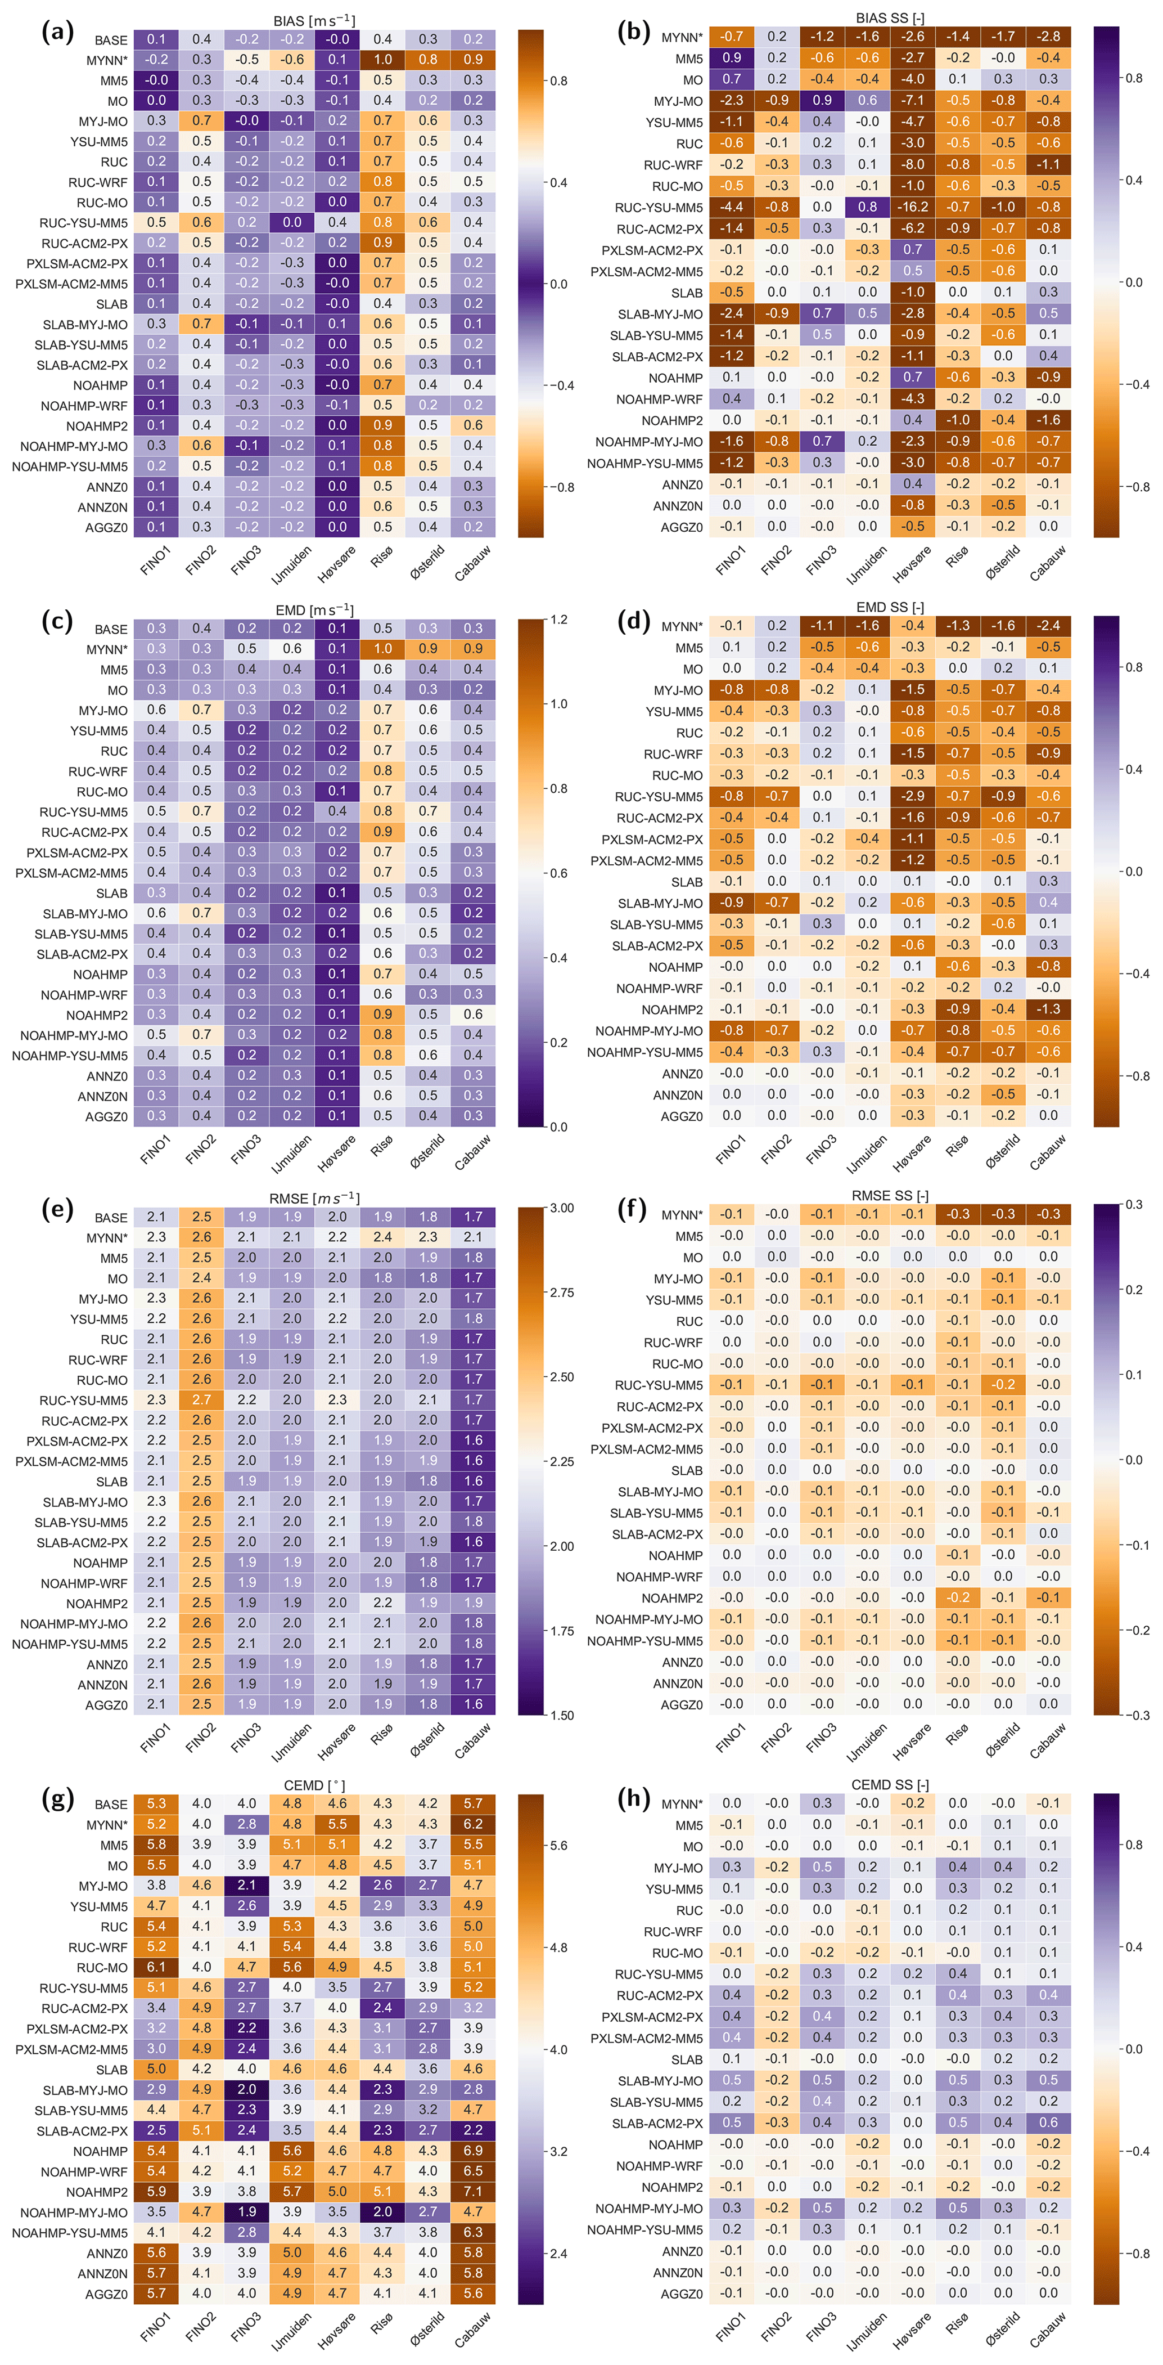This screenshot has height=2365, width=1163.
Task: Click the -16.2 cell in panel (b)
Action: click(912, 208)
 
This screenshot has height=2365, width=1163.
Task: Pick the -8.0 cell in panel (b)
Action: click(912, 164)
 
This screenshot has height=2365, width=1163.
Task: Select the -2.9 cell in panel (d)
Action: click(912, 796)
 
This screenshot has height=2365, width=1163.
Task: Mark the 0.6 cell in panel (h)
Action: click(1048, 2122)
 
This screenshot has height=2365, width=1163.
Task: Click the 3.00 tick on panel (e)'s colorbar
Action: click(562, 1208)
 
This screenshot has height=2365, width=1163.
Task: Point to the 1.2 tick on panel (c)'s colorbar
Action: click(558, 620)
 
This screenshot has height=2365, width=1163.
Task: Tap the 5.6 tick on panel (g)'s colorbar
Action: click(558, 1846)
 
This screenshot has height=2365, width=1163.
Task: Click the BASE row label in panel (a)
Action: click(111, 41)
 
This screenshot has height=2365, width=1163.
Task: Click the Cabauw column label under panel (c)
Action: click(473, 1152)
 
